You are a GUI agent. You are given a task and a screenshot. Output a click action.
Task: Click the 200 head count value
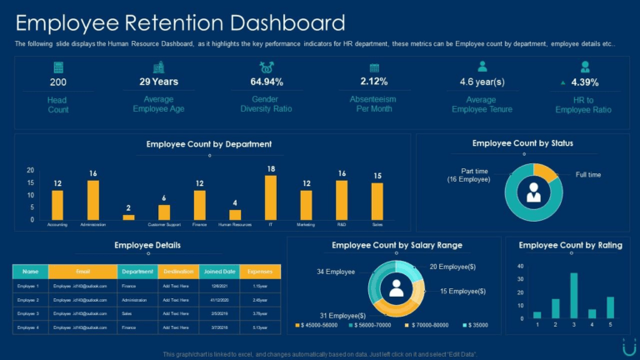click(x=58, y=82)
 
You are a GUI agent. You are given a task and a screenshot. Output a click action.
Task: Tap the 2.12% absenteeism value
click(x=373, y=82)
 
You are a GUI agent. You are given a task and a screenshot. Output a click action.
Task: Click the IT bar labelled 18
click(x=271, y=197)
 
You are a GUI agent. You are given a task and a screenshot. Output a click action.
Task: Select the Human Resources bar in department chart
click(x=235, y=214)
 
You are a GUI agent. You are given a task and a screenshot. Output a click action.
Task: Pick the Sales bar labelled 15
click(x=377, y=202)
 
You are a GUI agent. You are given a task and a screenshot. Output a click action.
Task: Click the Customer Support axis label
click(x=164, y=225)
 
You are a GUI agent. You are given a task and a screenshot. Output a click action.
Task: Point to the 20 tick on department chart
click(x=31, y=171)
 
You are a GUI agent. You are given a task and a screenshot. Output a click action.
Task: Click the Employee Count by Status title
click(x=522, y=143)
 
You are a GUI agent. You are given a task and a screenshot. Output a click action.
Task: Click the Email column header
click(x=82, y=272)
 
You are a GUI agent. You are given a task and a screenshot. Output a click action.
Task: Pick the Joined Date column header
click(x=219, y=272)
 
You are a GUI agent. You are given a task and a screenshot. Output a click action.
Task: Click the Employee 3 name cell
click(x=29, y=313)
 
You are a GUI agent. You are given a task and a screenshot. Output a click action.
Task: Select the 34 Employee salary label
click(x=336, y=272)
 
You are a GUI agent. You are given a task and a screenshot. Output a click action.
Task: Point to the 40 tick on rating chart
click(x=520, y=267)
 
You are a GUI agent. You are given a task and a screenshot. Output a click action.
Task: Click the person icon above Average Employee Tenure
click(x=482, y=67)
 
